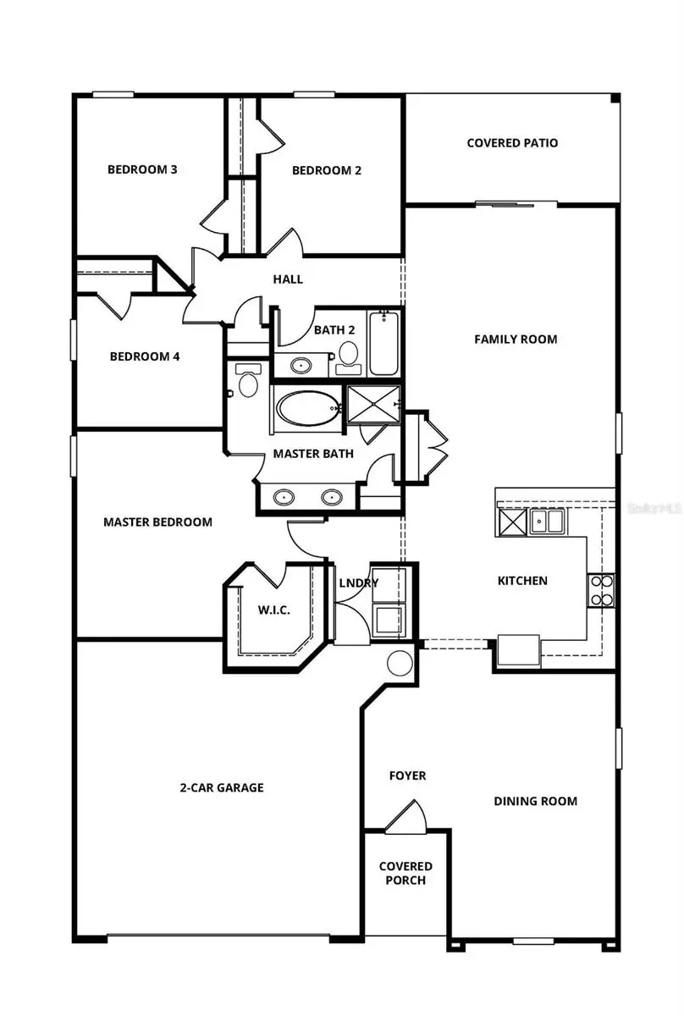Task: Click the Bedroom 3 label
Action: tap(142, 169)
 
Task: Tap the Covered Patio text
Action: tap(512, 143)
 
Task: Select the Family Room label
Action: tap(515, 340)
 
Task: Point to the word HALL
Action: tap(288, 279)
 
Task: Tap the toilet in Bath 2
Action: tap(347, 356)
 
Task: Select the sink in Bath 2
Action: tap(301, 367)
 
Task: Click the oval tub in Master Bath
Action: tap(307, 407)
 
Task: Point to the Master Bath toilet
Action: tap(246, 382)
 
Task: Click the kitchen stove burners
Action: tap(602, 590)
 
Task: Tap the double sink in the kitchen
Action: tap(548, 521)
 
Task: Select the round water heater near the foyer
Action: tap(399, 663)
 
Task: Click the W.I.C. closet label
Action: tap(274, 610)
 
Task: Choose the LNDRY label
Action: tap(358, 583)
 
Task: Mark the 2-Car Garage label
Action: tap(222, 787)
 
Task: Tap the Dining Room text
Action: tap(535, 801)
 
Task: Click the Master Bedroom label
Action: tap(157, 522)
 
